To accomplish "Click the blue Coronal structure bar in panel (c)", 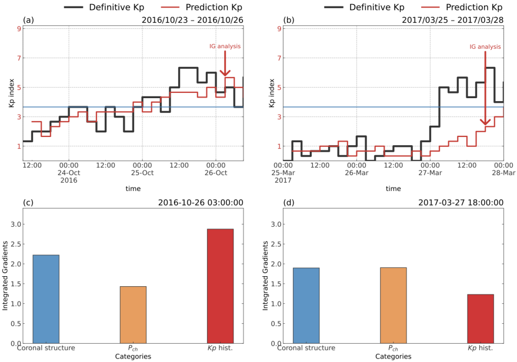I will pyautogui.click(x=46, y=299).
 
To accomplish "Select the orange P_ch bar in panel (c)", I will pyautogui.click(x=133, y=315).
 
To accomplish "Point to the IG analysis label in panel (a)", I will pyautogui.click(x=225, y=46).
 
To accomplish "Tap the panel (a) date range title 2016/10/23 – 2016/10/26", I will pyautogui.click(x=192, y=20).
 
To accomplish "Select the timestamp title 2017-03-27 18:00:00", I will pyautogui.click(x=461, y=203).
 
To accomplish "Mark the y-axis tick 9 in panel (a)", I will pyautogui.click(x=18, y=29).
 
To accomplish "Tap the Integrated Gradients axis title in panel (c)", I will pyautogui.click(x=5, y=276).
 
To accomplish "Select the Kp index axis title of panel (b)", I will pyautogui.click(x=271, y=93).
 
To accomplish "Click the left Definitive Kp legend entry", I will pyautogui.click(x=112, y=7).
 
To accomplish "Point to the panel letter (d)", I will pyautogui.click(x=289, y=203).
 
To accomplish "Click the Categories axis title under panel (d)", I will pyautogui.click(x=393, y=356).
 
